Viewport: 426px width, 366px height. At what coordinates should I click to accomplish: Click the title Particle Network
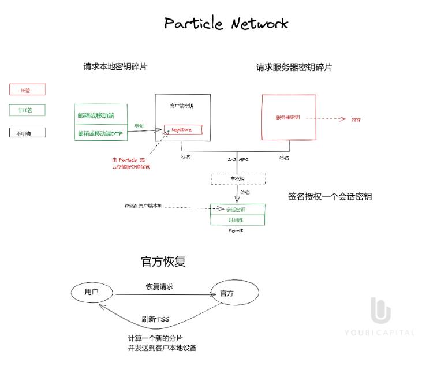(226, 24)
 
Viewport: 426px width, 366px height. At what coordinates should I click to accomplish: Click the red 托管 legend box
(27, 89)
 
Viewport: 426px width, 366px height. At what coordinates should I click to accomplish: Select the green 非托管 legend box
(27, 110)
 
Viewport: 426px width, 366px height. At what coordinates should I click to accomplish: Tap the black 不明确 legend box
(27, 133)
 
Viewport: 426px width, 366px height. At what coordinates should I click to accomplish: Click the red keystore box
(183, 130)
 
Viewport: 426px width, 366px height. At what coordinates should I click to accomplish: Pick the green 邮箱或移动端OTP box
(101, 133)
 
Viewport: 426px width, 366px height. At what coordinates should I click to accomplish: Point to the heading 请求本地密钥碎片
(115, 67)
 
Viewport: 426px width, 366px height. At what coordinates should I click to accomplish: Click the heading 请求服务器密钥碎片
(294, 68)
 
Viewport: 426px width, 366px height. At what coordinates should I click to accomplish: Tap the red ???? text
(356, 119)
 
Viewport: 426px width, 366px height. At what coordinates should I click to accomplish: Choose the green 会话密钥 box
(237, 209)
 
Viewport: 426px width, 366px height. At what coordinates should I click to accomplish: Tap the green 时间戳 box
(237, 221)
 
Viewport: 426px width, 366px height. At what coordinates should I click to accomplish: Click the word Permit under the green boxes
(237, 230)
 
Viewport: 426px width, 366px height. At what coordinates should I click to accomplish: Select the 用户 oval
(92, 292)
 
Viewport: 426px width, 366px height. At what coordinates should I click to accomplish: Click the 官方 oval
(227, 293)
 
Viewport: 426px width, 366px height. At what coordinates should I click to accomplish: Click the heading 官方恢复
(163, 262)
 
